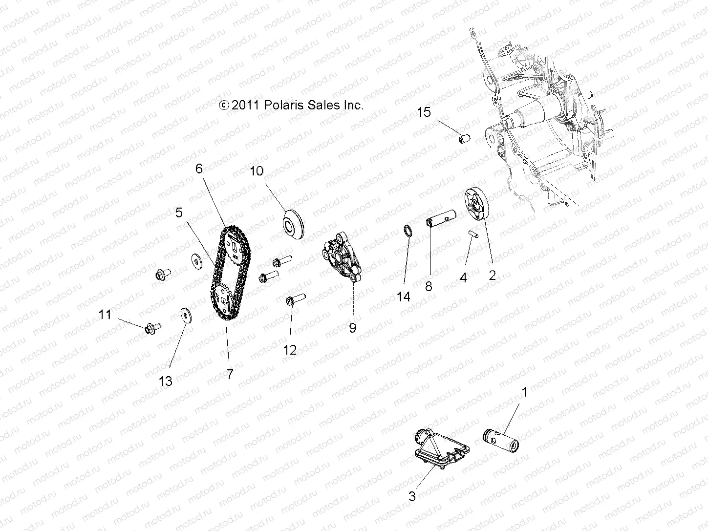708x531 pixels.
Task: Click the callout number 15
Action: (424, 112)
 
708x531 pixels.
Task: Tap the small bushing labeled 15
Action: (464, 139)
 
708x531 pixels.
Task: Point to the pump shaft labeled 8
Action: (442, 218)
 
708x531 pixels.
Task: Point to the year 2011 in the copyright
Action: (246, 105)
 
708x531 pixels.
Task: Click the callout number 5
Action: (179, 212)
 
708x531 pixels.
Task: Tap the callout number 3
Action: (412, 496)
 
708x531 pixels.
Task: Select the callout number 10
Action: (257, 171)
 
